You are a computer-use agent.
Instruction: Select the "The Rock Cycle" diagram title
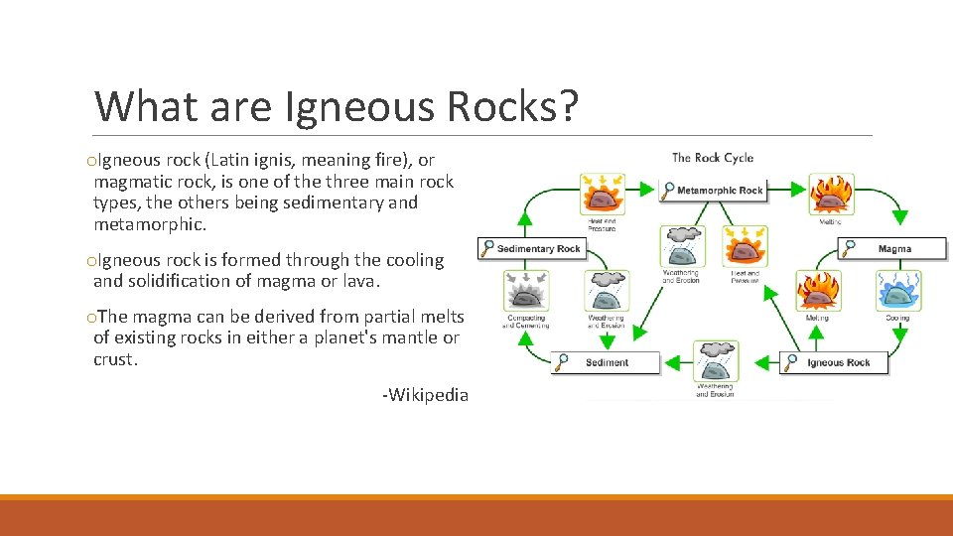coord(712,158)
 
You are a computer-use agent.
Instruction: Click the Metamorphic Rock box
coord(713,190)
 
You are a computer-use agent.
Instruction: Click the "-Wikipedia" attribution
coord(425,395)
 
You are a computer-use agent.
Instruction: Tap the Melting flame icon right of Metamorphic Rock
coord(830,195)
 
